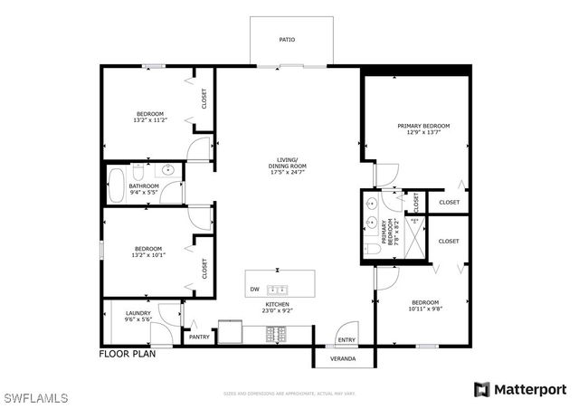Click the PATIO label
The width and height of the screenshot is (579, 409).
pyautogui.click(x=287, y=40)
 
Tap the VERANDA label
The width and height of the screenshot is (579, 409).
pyautogui.click(x=342, y=359)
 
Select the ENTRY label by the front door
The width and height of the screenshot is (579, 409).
pyautogui.click(x=346, y=340)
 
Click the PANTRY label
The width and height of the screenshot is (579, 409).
pyautogui.click(x=199, y=337)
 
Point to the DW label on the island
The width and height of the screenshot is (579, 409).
pyautogui.click(x=254, y=290)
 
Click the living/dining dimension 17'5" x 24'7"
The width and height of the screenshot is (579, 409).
pyautogui.click(x=287, y=172)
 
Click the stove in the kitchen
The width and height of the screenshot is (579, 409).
pyautogui.click(x=276, y=334)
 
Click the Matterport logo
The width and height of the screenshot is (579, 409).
pyautogui.click(x=523, y=389)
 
